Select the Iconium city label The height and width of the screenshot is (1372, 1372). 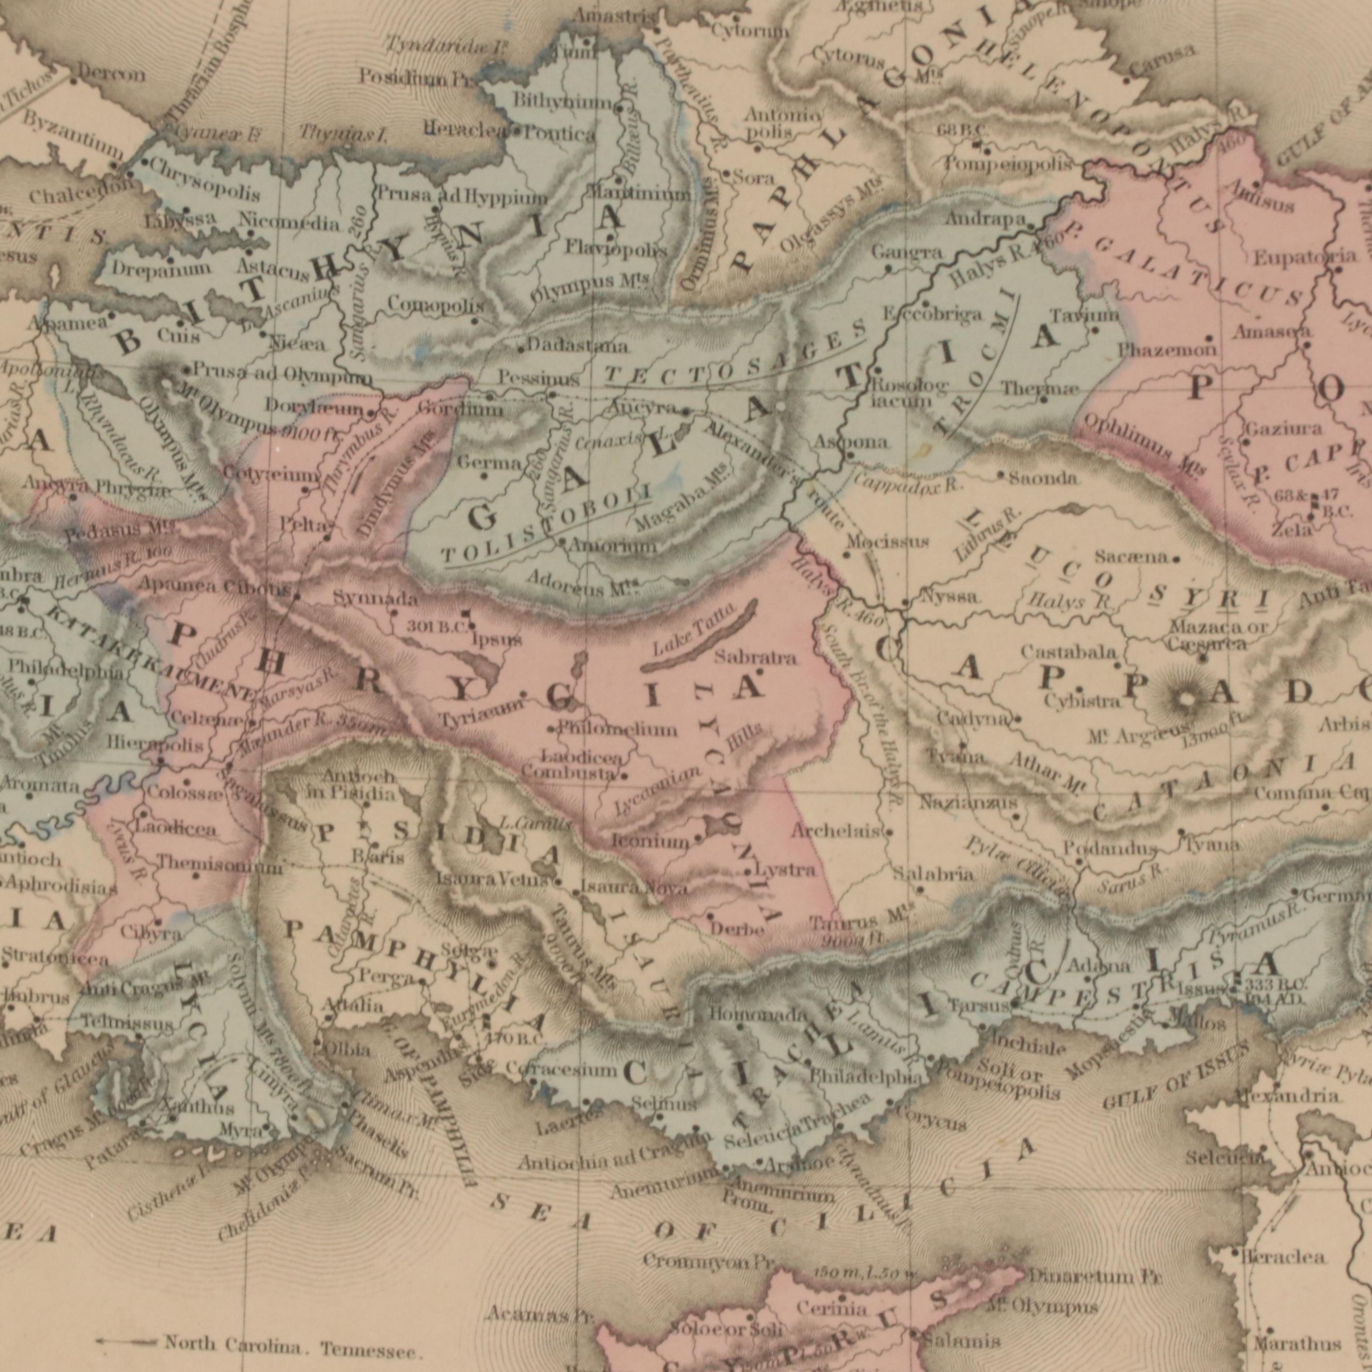(x=650, y=842)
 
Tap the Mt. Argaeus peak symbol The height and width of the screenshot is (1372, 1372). (x=1184, y=701)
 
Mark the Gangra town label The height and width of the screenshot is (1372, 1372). (x=898, y=253)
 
